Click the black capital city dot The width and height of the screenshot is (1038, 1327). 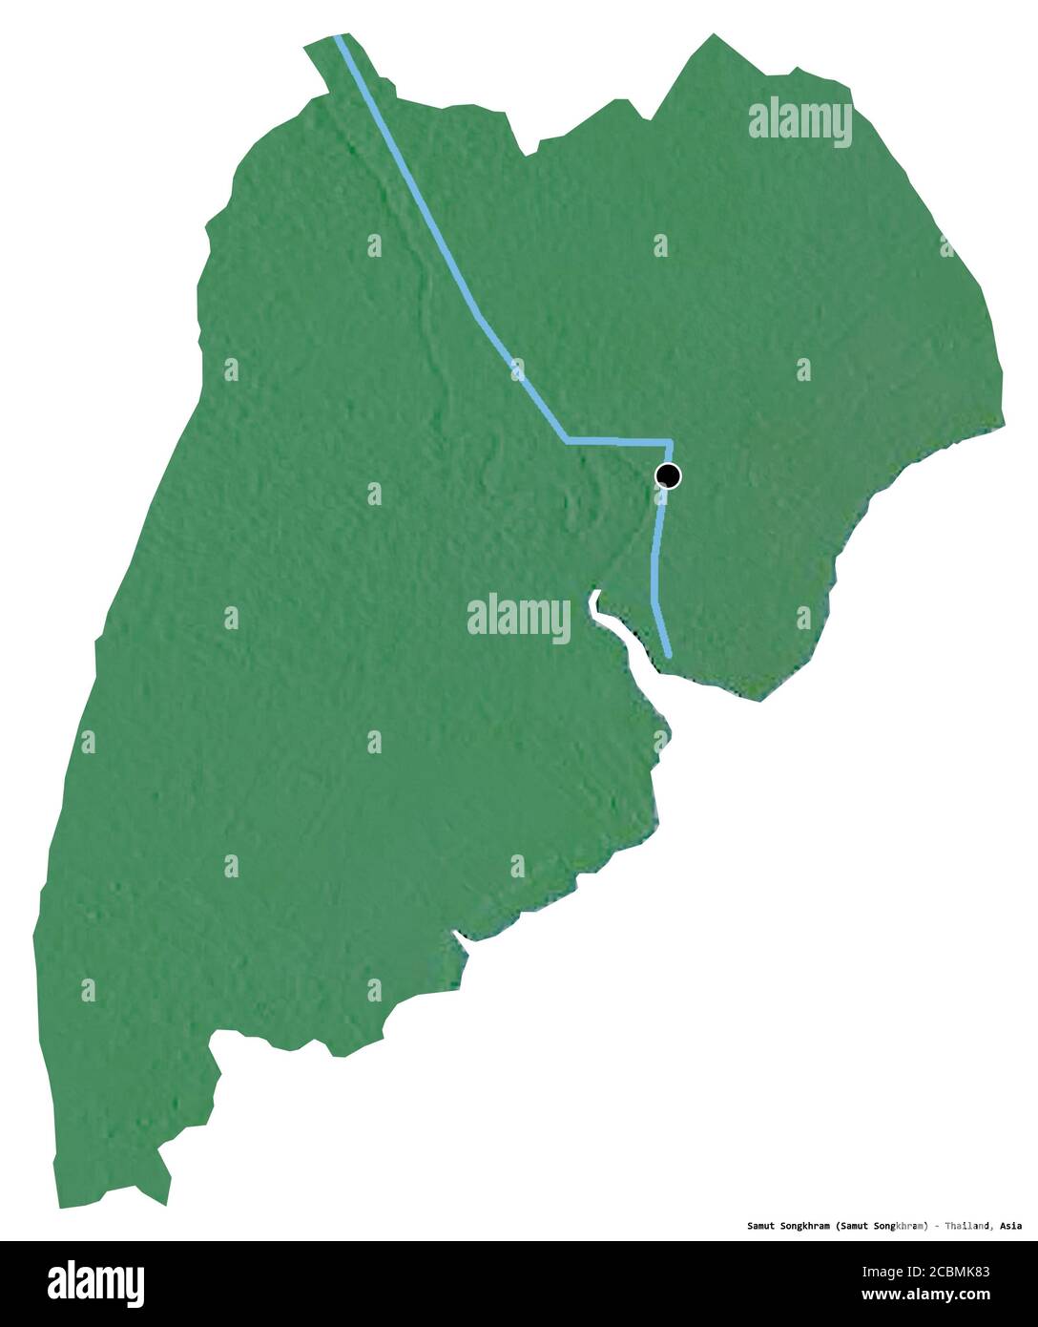669,475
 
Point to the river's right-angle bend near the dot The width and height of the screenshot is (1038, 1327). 671,443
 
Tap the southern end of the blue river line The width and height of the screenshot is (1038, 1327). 668,654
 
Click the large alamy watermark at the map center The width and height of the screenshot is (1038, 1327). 519,618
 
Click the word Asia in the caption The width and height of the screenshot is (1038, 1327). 1012,1226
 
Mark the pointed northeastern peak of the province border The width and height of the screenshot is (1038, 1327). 713,35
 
